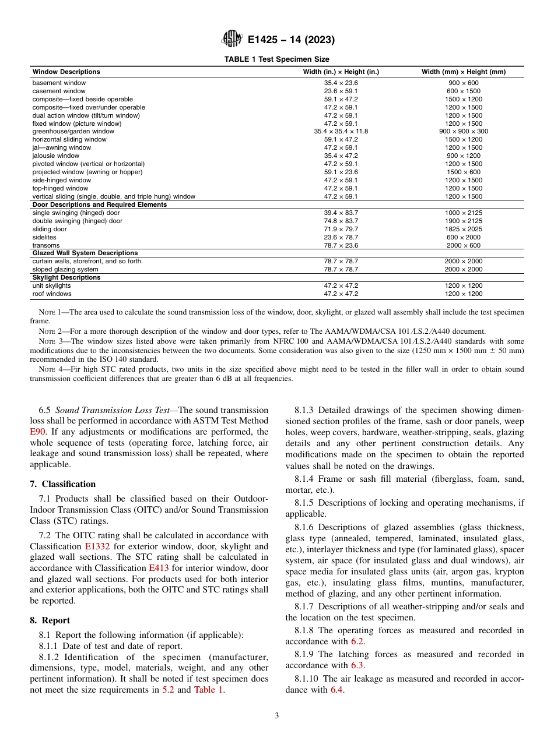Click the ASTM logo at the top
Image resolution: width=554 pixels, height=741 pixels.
point(232,40)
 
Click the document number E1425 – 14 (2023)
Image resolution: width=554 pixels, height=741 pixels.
point(291,40)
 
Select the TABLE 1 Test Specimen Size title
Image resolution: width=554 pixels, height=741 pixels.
point(277,59)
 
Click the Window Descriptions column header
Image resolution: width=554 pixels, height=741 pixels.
point(66,72)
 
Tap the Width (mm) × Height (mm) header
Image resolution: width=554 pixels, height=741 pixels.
point(464,72)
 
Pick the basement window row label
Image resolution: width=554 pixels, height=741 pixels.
point(59,83)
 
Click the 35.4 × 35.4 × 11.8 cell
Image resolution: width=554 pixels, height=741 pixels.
point(341,132)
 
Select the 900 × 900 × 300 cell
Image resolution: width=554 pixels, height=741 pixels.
point(464,132)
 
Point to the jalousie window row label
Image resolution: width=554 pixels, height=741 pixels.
point(56,156)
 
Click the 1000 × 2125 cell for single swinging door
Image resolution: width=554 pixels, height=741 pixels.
point(464,213)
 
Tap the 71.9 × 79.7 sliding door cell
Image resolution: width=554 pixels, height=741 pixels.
point(341,230)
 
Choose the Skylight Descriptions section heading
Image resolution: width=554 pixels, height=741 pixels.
point(66,278)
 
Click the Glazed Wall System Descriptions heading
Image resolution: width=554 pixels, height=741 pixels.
point(85,253)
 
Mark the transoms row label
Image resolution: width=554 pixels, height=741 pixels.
point(46,246)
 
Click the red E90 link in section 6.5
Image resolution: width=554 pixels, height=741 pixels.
point(37,433)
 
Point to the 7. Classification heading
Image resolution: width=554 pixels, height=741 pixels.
point(63,484)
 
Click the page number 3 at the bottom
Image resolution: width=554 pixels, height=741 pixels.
point(277,716)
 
